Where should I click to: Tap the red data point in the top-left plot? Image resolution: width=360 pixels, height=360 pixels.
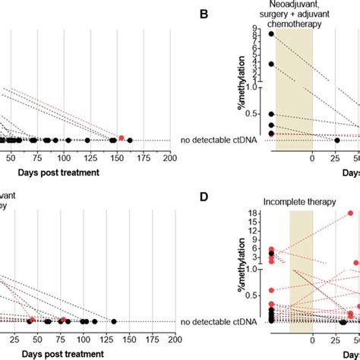click(x=121, y=137)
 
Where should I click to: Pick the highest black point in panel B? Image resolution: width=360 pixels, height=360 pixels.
click(x=271, y=34)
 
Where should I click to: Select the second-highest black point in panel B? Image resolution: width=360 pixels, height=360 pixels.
click(x=271, y=64)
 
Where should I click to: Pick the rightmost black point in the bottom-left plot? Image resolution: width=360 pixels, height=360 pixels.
click(x=113, y=322)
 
